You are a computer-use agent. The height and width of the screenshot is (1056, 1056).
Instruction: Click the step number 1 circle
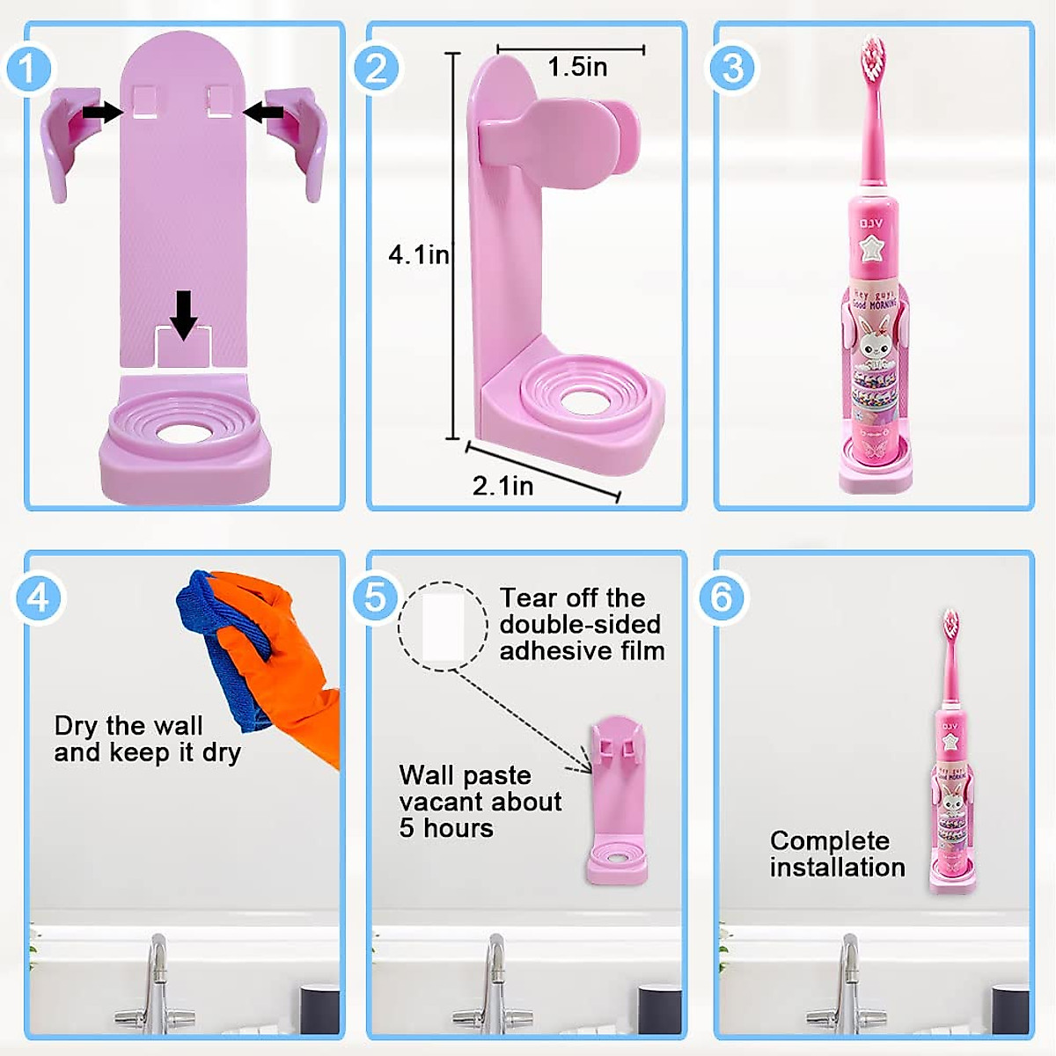pos(29,69)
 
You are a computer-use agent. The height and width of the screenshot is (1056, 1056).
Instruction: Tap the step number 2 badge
pos(377,69)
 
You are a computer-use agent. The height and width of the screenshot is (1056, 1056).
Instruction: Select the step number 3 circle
pos(732,69)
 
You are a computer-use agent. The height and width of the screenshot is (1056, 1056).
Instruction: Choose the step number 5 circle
pos(376,598)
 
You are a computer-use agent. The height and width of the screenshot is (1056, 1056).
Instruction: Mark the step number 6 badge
pos(722,598)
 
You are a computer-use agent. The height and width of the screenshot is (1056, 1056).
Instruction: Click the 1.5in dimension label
pos(577,67)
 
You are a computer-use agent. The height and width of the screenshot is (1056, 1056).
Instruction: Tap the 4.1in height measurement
pos(419,255)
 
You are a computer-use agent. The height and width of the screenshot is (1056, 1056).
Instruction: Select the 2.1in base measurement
pos(502,485)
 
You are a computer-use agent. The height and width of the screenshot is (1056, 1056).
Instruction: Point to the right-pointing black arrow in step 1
pos(103,112)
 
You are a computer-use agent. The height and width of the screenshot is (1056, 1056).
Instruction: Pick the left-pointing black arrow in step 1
pos(263,112)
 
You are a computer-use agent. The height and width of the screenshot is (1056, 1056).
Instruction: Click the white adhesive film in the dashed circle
pos(443,627)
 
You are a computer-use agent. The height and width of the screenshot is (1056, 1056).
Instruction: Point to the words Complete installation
pos(837,854)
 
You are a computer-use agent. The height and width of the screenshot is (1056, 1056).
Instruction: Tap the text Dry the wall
pos(128,726)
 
